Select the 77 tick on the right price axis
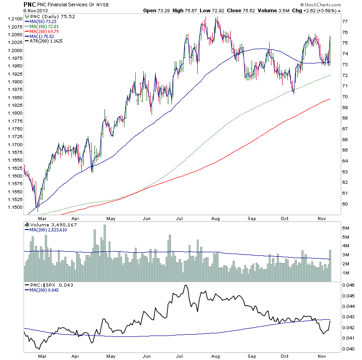point(345,21)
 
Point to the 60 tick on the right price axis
point(345,204)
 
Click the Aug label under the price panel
point(215,218)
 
